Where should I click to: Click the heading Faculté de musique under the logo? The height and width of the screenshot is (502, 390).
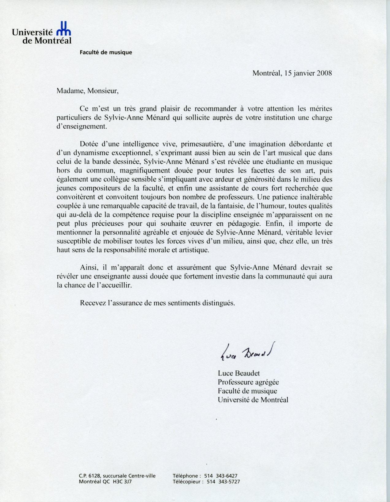coord(106,52)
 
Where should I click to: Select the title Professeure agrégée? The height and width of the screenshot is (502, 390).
coord(248,382)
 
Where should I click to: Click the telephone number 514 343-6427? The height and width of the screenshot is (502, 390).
coord(223,476)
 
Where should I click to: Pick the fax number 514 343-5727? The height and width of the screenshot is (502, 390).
coord(223,482)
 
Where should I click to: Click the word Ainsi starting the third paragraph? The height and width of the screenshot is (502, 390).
coord(88,267)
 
